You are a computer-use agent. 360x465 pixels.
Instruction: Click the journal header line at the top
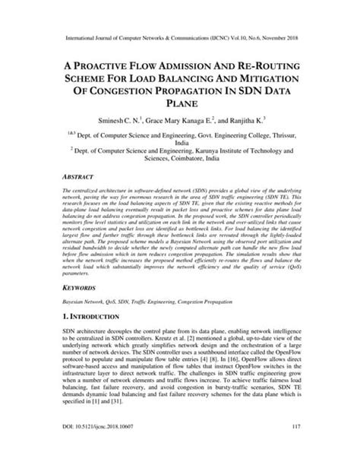coord(180,36)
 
